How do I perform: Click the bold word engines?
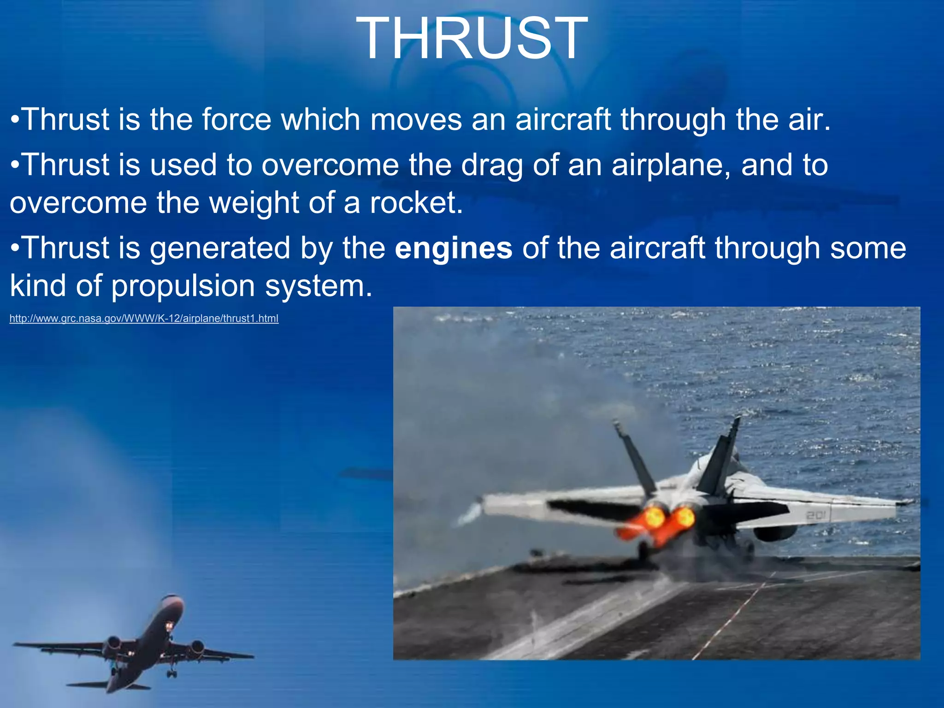pos(454,248)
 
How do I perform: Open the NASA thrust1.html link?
pos(144,319)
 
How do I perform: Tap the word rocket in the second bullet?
pos(413,203)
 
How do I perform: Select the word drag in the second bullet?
pos(492,165)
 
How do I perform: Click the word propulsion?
pos(183,286)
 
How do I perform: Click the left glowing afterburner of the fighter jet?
pos(654,518)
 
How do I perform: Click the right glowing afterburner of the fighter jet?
pos(684,516)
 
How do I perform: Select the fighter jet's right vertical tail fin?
pos(719,456)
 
